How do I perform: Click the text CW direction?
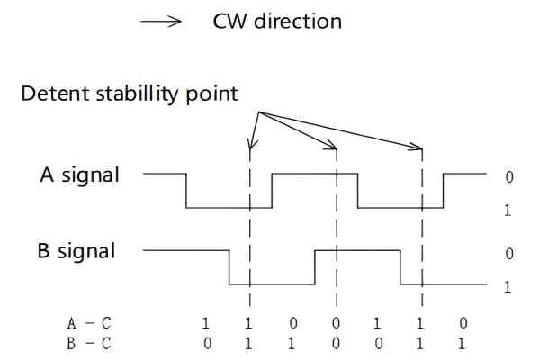pos(277,21)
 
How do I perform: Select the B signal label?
pos(76,250)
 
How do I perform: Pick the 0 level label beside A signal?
pos(509,177)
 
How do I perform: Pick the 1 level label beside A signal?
pos(509,210)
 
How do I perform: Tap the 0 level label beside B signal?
pos(509,255)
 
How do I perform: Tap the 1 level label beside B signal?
pos(509,286)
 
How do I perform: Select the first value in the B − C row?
pos(206,342)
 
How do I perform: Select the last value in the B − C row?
pos(463,342)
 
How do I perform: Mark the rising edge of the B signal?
pos(315,267)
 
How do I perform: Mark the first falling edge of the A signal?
pos(186,190)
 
